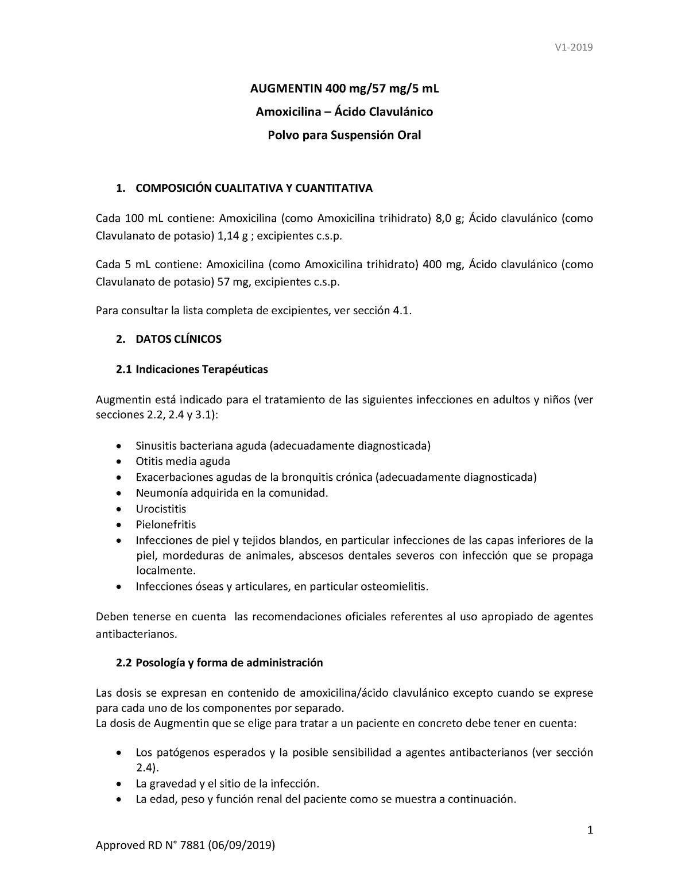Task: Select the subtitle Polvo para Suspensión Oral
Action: [344, 136]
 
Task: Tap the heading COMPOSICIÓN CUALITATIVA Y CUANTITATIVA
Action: [254, 188]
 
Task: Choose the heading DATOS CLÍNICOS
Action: [179, 339]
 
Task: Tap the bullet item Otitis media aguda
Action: [183, 461]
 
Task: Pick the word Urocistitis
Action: [161, 509]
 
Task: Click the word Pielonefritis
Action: [166, 524]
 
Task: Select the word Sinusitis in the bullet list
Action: [156, 446]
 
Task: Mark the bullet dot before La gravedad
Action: [119, 784]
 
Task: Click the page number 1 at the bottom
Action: [589, 831]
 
